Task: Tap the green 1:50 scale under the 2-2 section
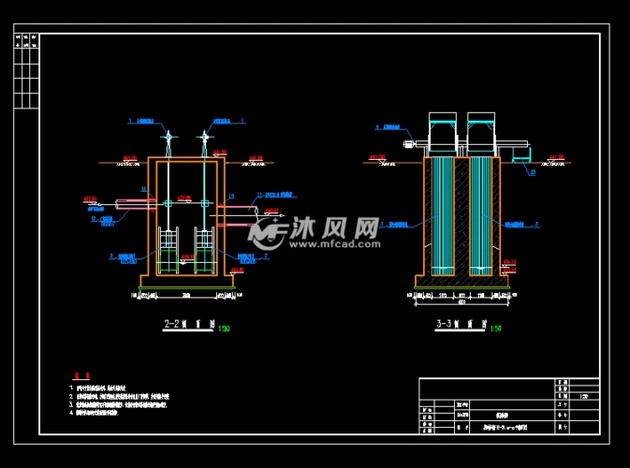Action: [223, 329]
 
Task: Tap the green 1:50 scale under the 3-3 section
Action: [495, 329]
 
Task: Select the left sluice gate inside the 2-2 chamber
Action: [168, 253]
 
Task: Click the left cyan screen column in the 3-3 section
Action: [441, 215]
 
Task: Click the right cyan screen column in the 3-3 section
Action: [481, 215]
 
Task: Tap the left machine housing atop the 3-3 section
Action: [442, 133]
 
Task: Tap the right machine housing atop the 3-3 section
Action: [481, 133]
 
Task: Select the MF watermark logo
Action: [271, 231]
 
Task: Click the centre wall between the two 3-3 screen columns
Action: [462, 215]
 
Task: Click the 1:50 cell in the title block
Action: [584, 395]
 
